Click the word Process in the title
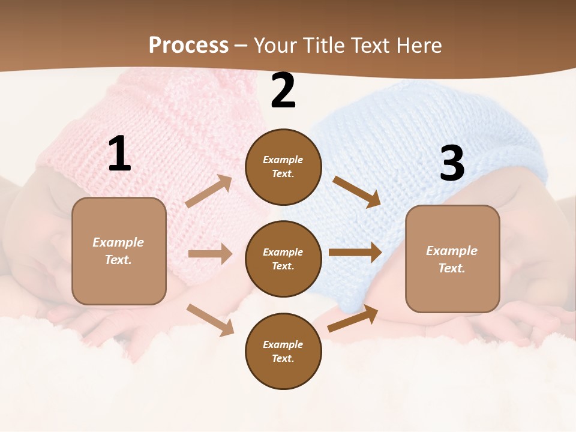[x=188, y=46]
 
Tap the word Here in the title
[x=416, y=46]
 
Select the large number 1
[x=119, y=154]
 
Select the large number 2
[x=283, y=91]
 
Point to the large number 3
[x=452, y=163]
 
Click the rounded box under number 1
[x=119, y=251]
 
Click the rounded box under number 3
[x=452, y=259]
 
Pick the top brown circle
[x=283, y=167]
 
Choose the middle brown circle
[x=283, y=259]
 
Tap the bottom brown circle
[x=283, y=351]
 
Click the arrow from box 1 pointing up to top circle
[x=209, y=191]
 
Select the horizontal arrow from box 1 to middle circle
[x=210, y=254]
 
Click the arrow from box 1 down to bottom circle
[x=210, y=320]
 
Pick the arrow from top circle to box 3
[x=356, y=191]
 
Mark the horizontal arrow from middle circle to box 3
[x=355, y=253]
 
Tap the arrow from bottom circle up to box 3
[x=353, y=319]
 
